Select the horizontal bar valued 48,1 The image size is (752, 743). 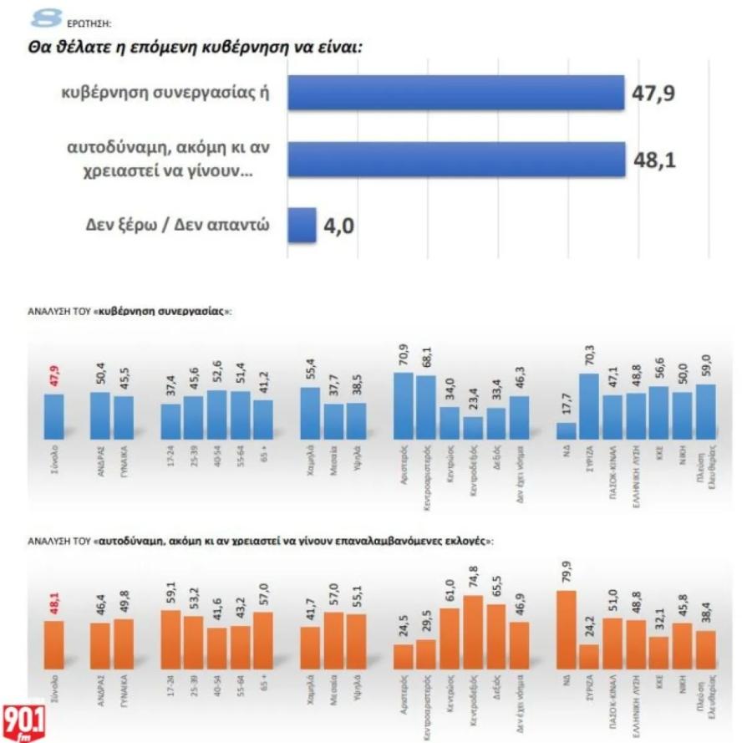(x=456, y=159)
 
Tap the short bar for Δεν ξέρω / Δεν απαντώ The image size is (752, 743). (x=302, y=224)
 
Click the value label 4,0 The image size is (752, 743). (x=338, y=226)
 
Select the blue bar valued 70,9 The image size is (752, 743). (x=404, y=405)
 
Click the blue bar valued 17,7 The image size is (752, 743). (x=567, y=430)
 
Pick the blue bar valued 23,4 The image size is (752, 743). (x=473, y=427)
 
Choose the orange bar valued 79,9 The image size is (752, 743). (x=567, y=632)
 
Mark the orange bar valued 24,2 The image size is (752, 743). (x=589, y=659)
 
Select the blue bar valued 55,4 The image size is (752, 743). (x=310, y=413)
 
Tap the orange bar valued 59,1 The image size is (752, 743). (x=170, y=641)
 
